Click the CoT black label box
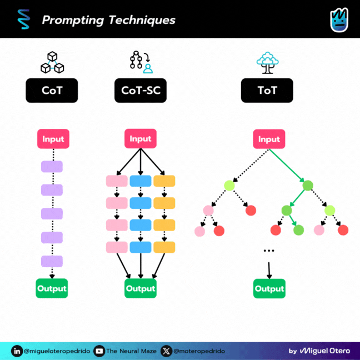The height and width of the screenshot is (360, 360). pos(52,91)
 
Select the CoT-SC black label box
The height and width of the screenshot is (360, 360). pos(141,91)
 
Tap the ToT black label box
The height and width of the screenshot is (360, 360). pos(267,91)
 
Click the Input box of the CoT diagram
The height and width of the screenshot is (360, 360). pos(52,139)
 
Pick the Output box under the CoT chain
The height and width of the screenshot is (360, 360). pos(52,288)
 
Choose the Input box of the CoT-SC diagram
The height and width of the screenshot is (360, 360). pos(141,139)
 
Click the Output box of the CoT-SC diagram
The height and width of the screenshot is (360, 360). pos(141,288)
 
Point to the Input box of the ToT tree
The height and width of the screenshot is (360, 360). pos(269,139)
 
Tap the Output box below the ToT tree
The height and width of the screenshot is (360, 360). pos(269,288)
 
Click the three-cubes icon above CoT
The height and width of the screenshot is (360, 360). pos(52,63)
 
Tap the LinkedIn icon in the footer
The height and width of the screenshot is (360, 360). pos(17,351)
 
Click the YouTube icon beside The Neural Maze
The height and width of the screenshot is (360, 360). pos(99,351)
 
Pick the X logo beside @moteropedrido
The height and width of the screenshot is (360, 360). pos(167,351)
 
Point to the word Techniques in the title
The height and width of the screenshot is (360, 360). pos(141,21)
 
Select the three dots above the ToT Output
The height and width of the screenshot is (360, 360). pos(269,251)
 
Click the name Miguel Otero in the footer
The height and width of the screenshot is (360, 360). pos(325,351)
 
